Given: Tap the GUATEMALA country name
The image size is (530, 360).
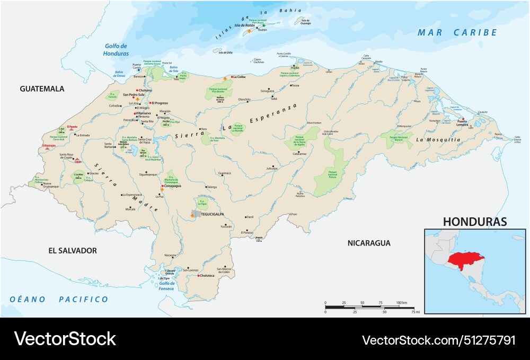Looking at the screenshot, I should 42,89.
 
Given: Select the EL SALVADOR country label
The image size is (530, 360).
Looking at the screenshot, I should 73,250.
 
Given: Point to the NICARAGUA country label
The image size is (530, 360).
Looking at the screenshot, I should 369,243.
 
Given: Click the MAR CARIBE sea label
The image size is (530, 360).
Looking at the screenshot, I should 457,33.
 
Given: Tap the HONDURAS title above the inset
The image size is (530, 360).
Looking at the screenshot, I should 475,222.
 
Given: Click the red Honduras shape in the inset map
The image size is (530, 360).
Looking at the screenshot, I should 463,260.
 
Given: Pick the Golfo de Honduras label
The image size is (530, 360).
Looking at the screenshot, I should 117,50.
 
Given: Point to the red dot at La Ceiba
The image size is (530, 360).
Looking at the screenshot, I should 232,77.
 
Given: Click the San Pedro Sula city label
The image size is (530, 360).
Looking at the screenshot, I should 134,95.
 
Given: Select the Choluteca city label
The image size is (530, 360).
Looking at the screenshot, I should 207,276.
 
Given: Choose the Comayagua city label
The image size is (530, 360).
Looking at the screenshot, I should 174,186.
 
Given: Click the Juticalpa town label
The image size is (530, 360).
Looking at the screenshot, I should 272,168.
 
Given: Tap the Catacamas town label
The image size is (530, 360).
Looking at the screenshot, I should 299,153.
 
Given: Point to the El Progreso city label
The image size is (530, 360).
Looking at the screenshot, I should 160,103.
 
